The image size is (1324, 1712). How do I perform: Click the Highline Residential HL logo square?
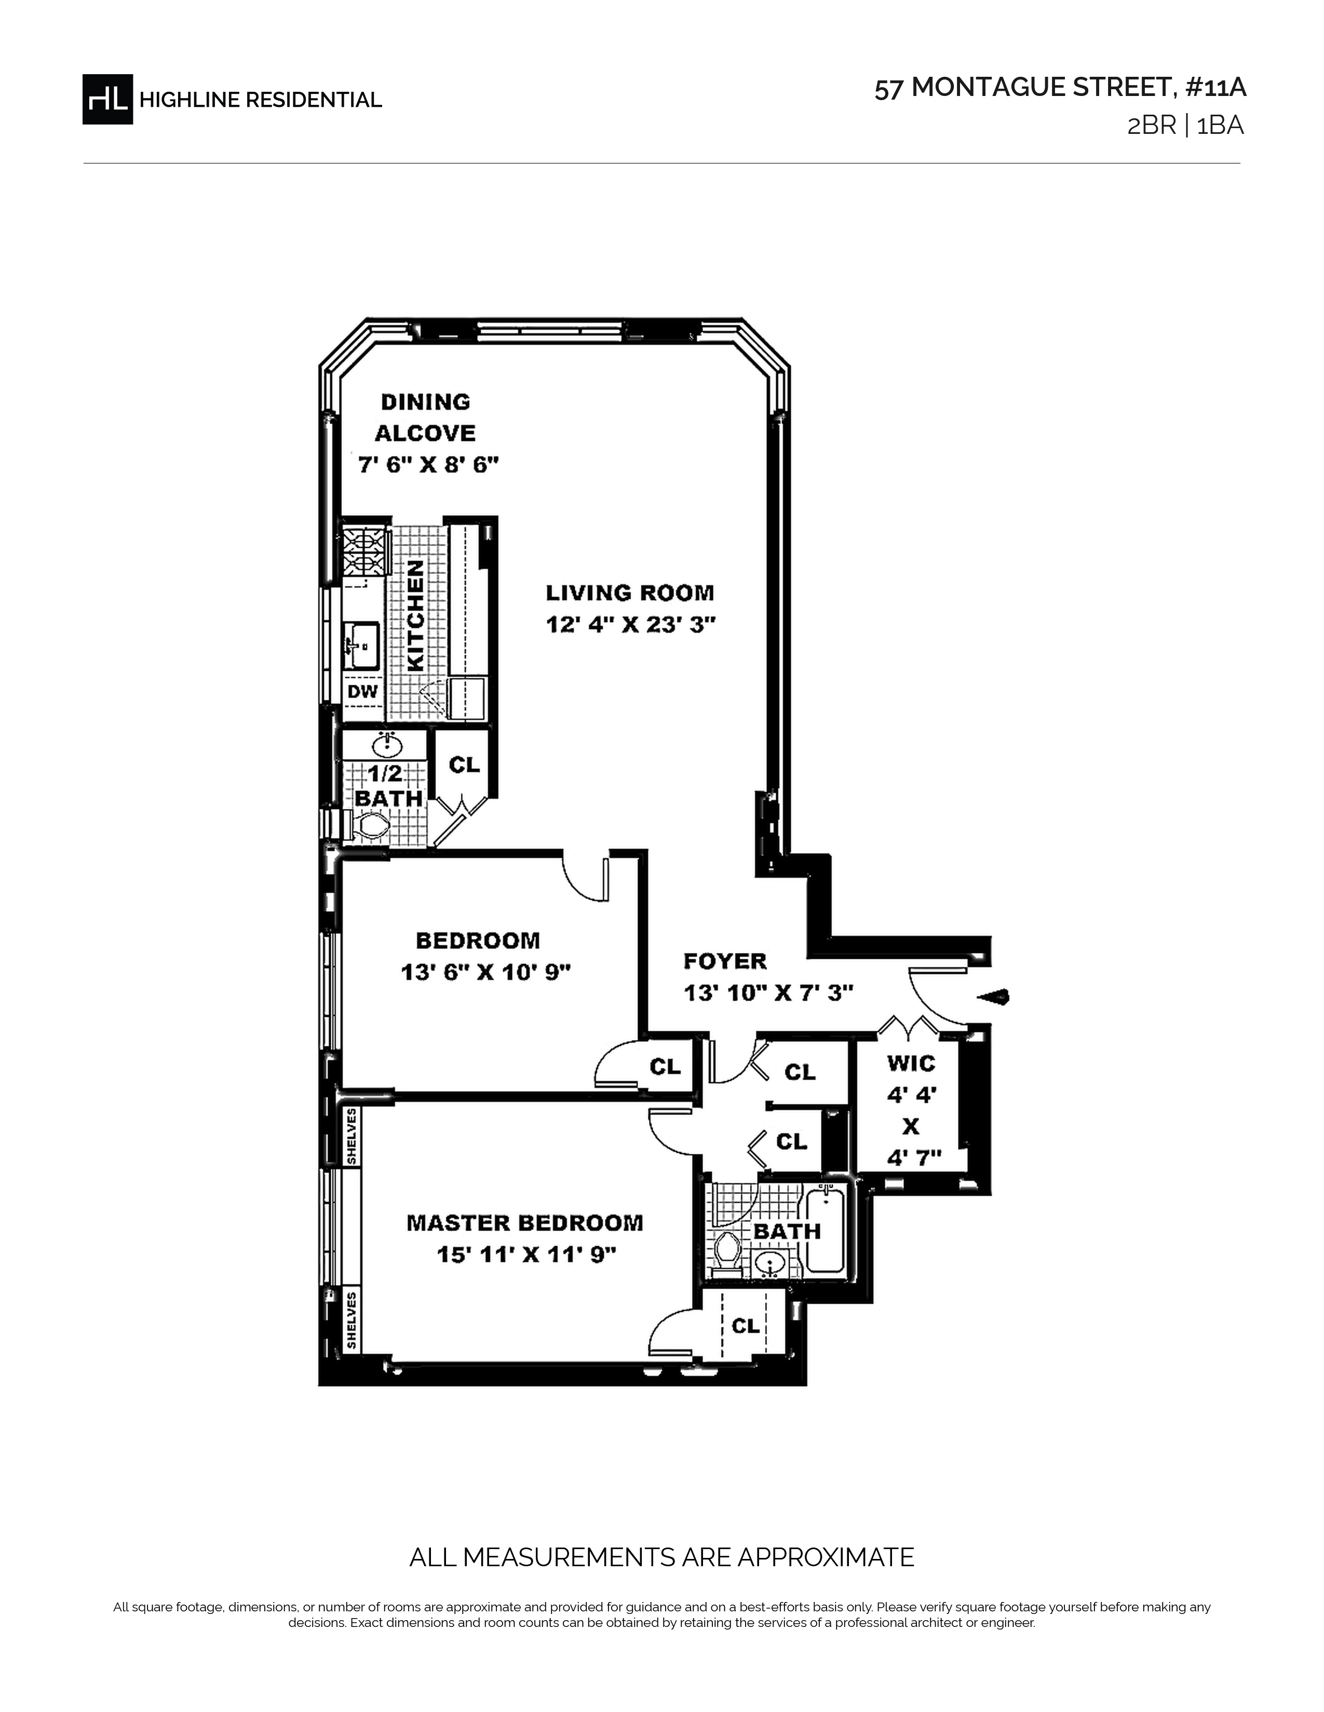click(x=107, y=99)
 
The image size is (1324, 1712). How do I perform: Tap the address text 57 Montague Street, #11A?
click(x=1060, y=88)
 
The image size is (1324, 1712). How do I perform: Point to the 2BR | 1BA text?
click(x=1185, y=126)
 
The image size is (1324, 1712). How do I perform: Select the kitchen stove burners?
click(x=366, y=550)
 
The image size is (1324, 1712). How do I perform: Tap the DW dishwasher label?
click(x=362, y=692)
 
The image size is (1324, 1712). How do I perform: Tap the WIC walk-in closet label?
click(x=911, y=1063)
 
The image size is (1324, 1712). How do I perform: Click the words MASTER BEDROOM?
click(x=525, y=1223)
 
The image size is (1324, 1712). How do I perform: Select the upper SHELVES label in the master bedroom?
click(x=352, y=1135)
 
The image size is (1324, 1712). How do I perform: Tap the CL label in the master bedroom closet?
click(x=745, y=1325)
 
